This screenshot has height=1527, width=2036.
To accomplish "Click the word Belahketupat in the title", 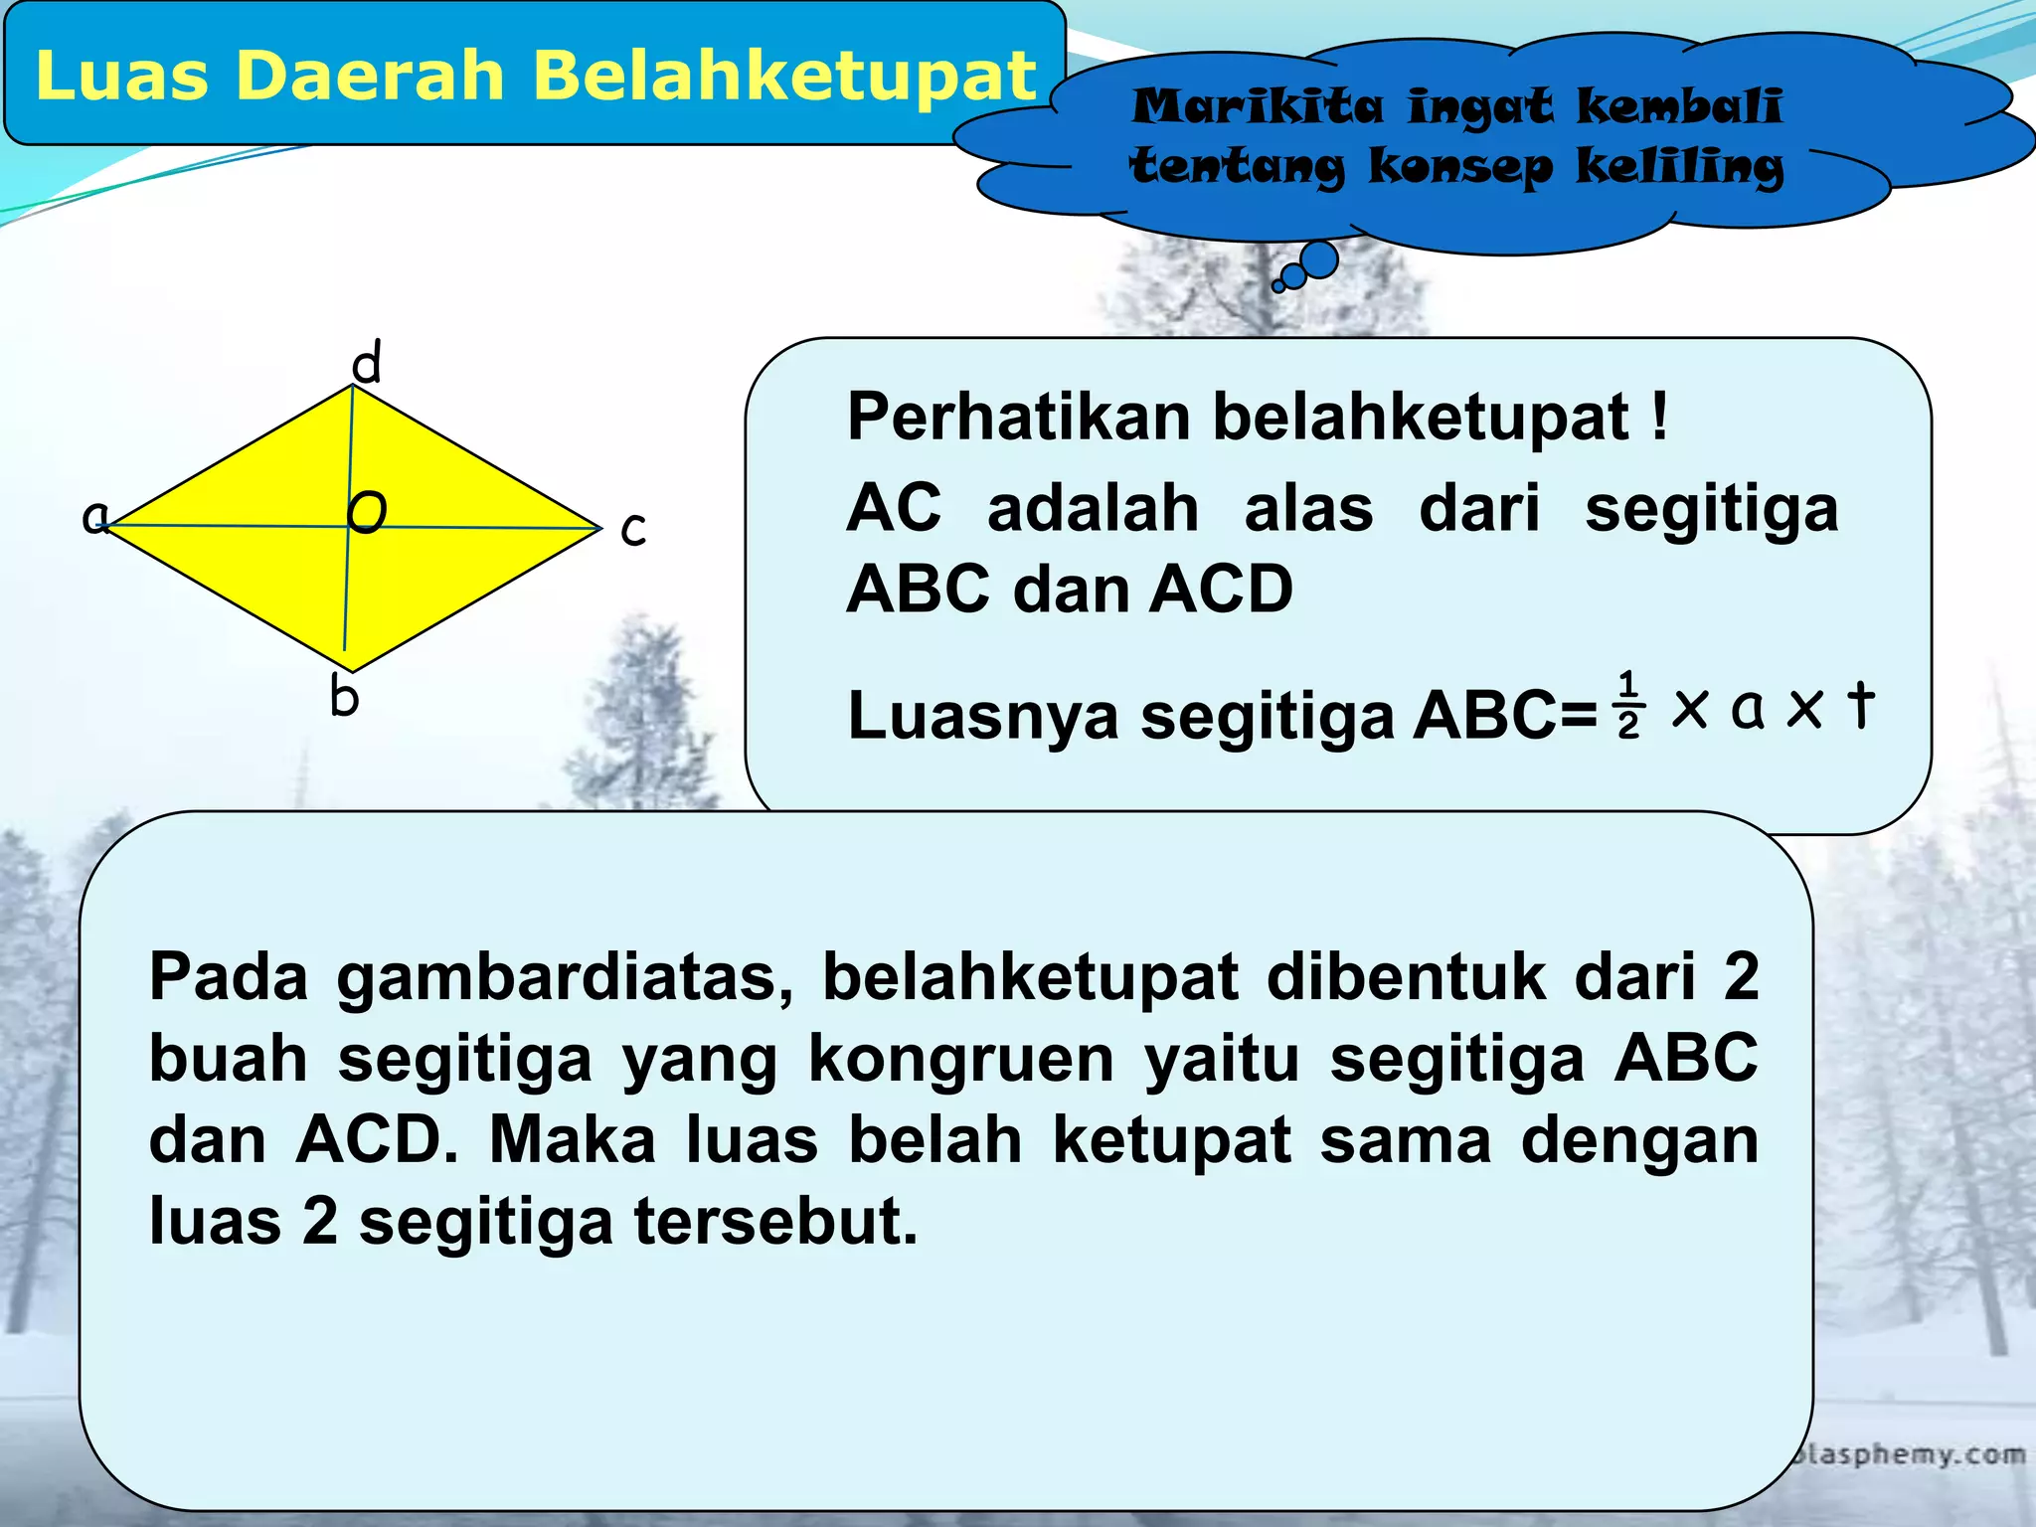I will [x=785, y=77].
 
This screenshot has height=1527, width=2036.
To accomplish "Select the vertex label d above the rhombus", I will [x=367, y=363].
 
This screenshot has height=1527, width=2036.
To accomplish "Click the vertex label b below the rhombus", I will [x=344, y=697].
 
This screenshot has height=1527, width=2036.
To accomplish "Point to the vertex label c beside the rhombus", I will [x=633, y=529].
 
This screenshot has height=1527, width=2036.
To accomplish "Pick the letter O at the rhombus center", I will [x=367, y=512].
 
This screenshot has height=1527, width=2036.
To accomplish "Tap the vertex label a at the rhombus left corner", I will [x=94, y=517].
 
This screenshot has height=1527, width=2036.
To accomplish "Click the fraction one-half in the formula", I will [x=1627, y=707].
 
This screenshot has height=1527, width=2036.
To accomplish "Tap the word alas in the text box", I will [x=1308, y=508].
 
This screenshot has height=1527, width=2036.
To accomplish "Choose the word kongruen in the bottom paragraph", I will [x=960, y=1058].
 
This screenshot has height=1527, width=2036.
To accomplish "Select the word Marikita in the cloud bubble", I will [x=1257, y=106].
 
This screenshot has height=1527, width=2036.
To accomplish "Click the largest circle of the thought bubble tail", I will [x=1318, y=259].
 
